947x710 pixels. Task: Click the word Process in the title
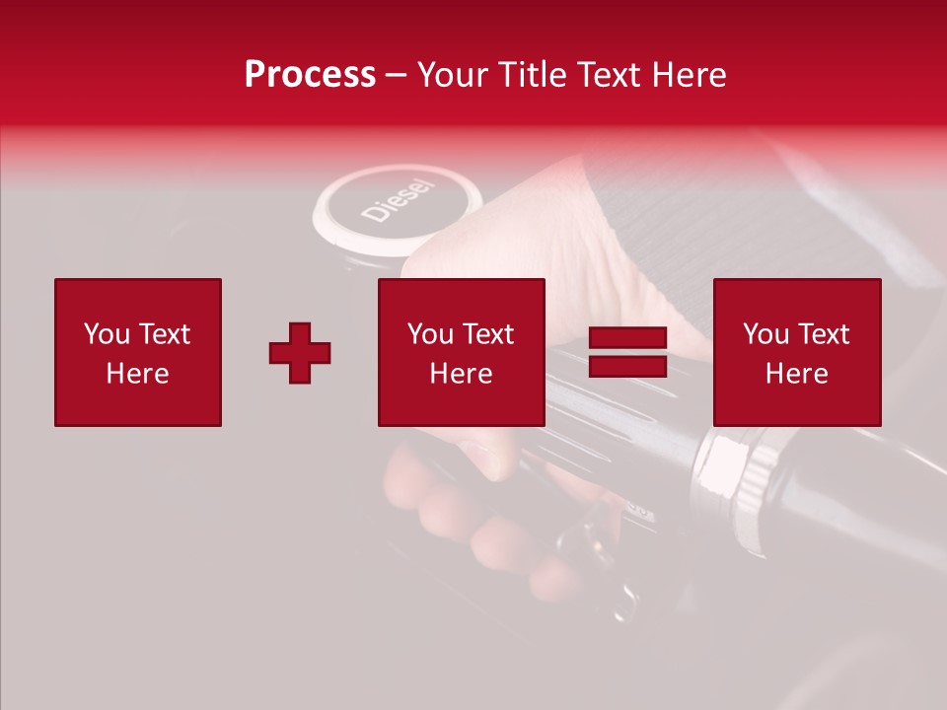pyautogui.click(x=310, y=75)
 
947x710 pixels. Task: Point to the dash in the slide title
pyautogui.click(x=397, y=76)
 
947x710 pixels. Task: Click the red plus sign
pyautogui.click(x=300, y=353)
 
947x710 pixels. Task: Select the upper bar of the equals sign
pyautogui.click(x=627, y=338)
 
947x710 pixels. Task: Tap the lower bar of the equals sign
pyautogui.click(x=627, y=367)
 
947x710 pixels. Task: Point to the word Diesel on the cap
pyautogui.click(x=397, y=199)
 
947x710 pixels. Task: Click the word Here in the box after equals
pyautogui.click(x=797, y=374)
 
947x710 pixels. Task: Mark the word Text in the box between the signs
pyautogui.click(x=488, y=334)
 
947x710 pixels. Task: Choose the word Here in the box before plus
pyautogui.click(x=138, y=374)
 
